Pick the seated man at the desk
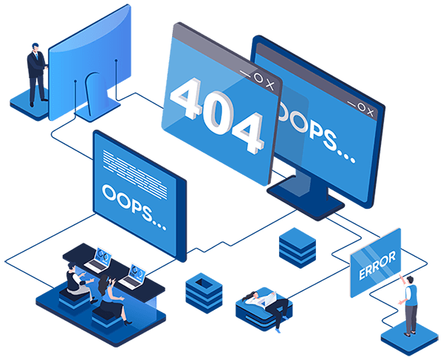pos(77,279)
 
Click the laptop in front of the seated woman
pos(134,274)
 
